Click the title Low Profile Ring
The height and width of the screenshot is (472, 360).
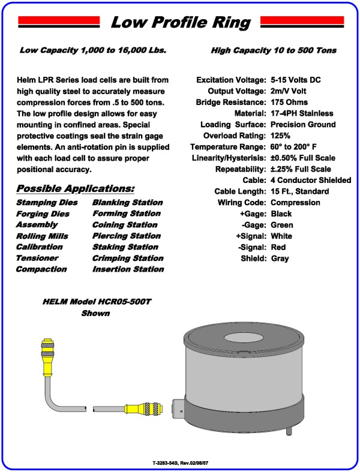coord(181,23)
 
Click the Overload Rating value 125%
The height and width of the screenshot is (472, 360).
coord(282,136)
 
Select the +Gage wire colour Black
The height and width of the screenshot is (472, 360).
coord(281,214)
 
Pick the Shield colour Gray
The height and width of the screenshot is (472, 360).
coord(280,258)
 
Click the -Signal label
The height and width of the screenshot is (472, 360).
coord(252,247)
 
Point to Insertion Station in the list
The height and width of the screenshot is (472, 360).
coord(128,270)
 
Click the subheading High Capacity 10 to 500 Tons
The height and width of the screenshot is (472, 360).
coord(273,51)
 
